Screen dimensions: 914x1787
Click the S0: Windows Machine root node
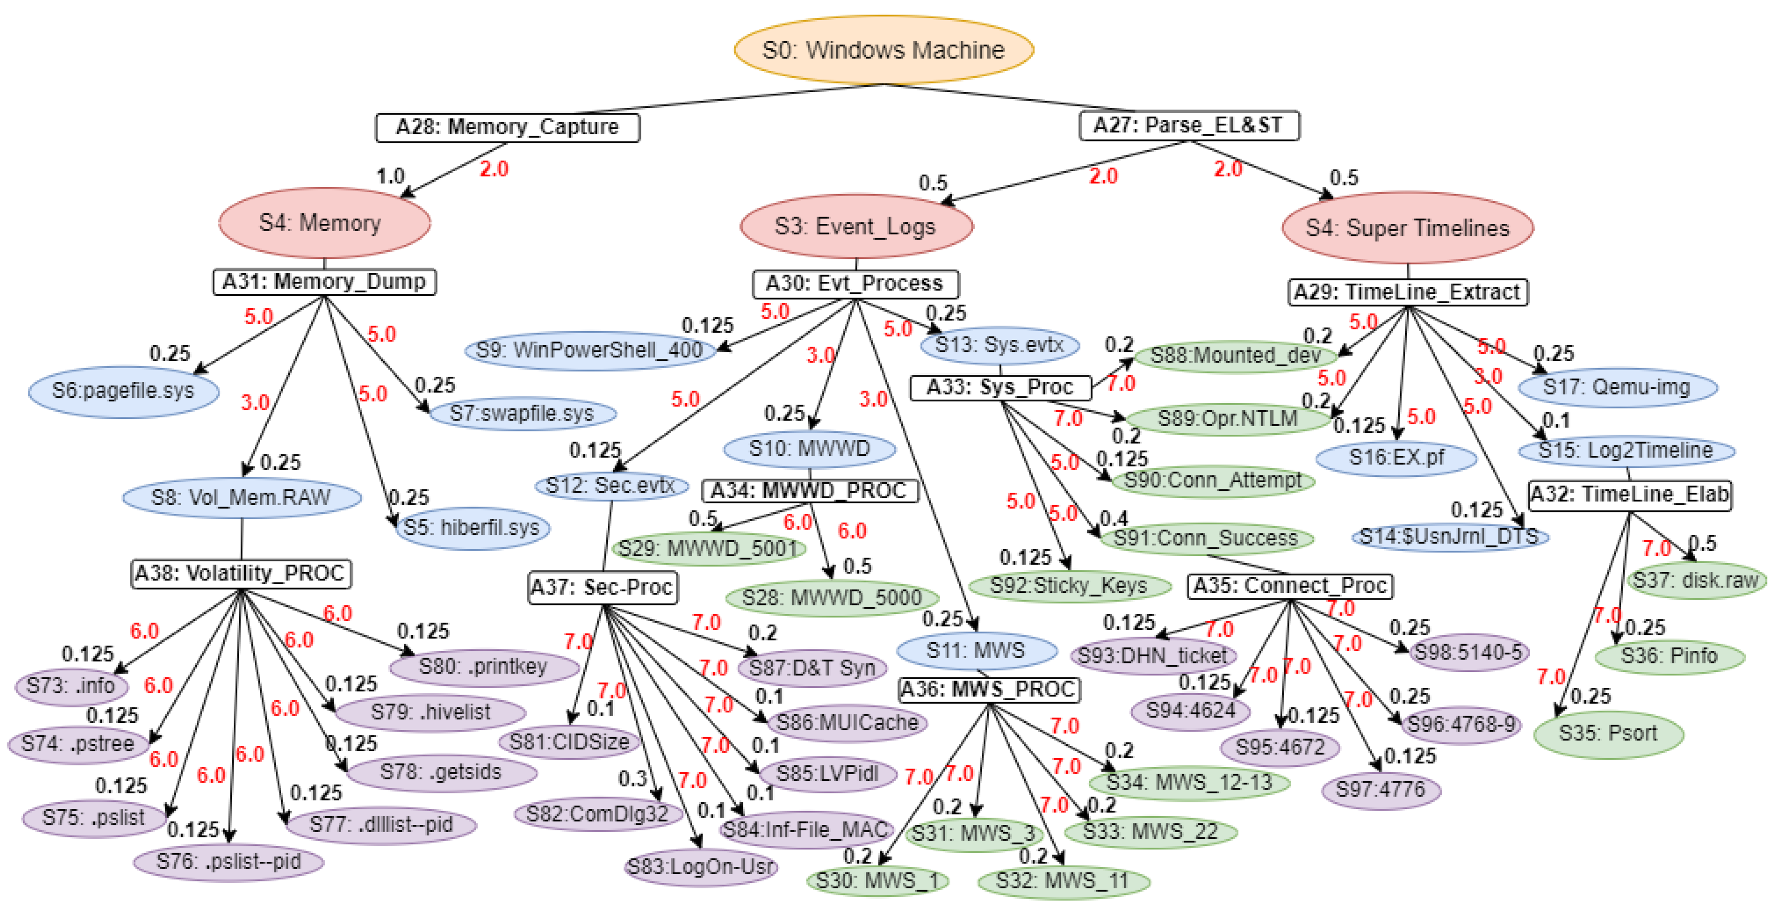883,50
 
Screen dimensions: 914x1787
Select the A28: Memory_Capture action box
507,127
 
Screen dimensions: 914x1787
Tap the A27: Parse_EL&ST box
1188,126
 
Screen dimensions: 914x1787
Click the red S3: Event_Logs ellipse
855,227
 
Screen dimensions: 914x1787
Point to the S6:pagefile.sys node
124,391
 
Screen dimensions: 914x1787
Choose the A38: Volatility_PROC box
241,573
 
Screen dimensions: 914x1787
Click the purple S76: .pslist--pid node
228,862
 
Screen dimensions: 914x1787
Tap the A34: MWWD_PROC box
809,491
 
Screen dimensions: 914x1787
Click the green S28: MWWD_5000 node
832,598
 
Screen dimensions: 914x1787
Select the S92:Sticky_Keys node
1068,586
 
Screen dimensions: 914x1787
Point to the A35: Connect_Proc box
1290,586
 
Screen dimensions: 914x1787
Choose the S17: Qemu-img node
1616,387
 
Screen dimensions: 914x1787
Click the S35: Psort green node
1607,734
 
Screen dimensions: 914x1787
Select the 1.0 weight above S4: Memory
390,176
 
